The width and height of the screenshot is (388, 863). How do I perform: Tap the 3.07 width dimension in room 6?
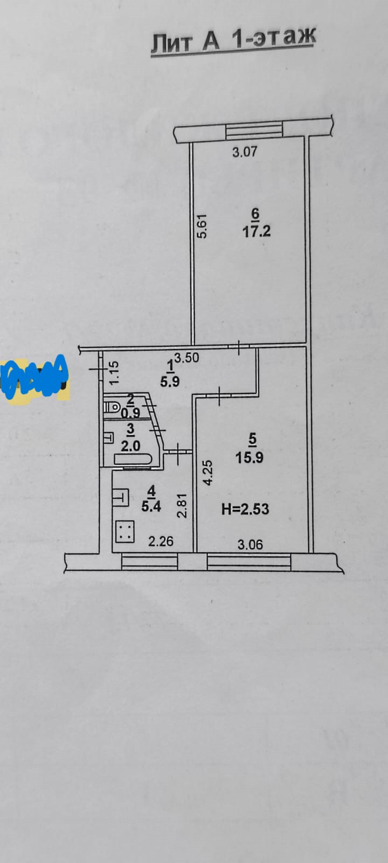[245, 152]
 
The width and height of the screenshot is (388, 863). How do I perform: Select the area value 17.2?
[257, 231]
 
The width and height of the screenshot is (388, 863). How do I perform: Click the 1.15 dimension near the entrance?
[113, 372]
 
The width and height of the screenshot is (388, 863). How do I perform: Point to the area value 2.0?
[131, 446]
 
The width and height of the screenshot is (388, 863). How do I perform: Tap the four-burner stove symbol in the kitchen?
[125, 533]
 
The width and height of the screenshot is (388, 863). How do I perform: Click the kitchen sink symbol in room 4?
[121, 497]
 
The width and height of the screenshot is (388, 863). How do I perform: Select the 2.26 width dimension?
[161, 540]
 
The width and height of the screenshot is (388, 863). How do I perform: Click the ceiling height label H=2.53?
[245, 509]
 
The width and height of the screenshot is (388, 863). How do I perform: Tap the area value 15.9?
[250, 457]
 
